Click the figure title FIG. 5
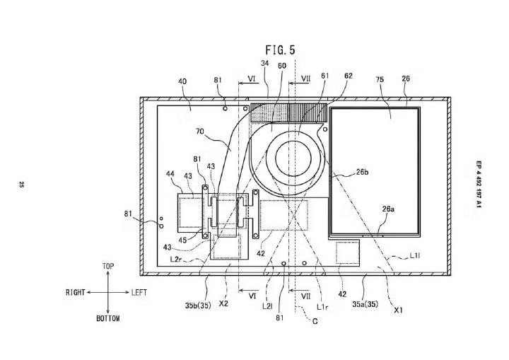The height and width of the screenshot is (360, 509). tap(281, 50)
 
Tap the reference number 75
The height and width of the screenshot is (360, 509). tap(380, 79)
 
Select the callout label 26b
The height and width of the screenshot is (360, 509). tap(362, 172)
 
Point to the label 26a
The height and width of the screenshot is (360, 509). tap(388, 209)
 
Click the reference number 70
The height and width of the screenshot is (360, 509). tap(200, 132)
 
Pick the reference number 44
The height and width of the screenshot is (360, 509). tap(170, 174)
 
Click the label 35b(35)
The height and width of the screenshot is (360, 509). tap(198, 306)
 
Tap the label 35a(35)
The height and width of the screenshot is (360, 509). tap(365, 304)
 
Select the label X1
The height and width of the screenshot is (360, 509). tap(398, 310)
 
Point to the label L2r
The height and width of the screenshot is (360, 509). tap(176, 260)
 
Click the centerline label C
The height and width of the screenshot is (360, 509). tap(315, 321)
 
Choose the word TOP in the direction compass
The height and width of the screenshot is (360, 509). tap(108, 266)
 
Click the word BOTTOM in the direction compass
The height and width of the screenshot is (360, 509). tap(107, 318)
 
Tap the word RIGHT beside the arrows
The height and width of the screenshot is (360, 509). tap(76, 292)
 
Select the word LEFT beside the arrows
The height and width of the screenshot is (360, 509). tap(139, 292)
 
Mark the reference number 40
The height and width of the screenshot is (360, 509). tap(182, 81)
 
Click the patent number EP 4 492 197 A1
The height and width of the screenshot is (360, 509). tap(479, 184)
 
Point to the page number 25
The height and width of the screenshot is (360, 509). tap(21, 185)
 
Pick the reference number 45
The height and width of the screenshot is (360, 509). tap(183, 240)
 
